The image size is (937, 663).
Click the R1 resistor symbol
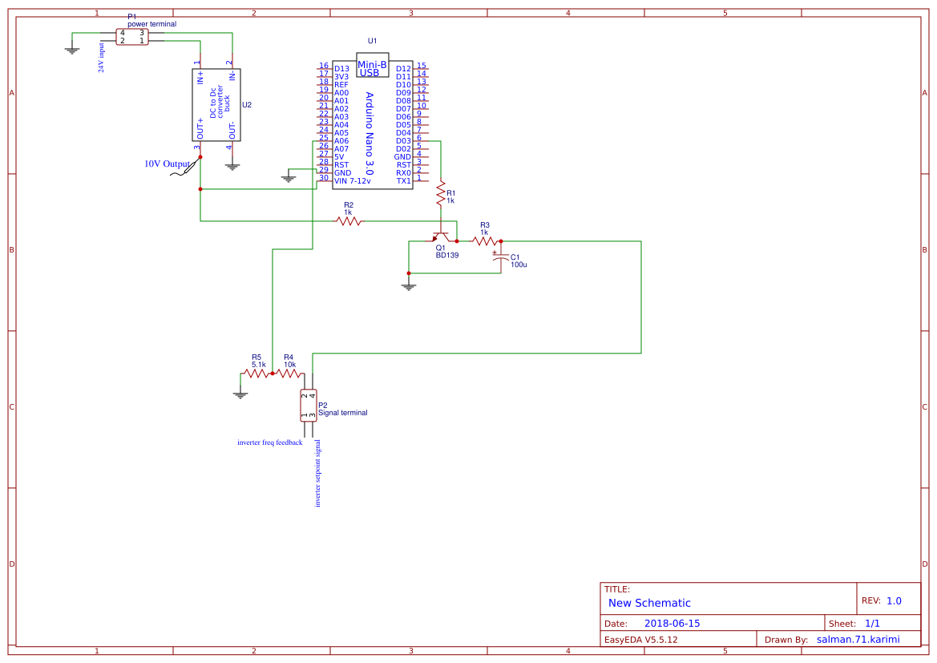coord(440,193)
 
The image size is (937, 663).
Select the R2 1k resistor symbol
coord(349,220)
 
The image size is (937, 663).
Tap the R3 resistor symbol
coord(484,241)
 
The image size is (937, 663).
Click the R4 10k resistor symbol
coord(288,373)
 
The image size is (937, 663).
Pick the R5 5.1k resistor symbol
coord(257,373)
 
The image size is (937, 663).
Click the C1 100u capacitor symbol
coord(500,260)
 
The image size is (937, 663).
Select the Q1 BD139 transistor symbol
coord(440,238)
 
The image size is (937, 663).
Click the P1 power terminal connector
coord(132,37)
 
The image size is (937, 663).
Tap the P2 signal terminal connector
coord(308,405)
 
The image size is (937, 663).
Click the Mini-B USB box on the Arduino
coord(372,66)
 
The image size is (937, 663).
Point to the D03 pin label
coord(403,141)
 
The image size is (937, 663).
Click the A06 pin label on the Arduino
coord(341,141)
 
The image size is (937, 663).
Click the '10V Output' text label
coord(168,164)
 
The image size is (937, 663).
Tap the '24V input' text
coord(102,58)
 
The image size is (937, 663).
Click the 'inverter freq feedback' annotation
coord(270,443)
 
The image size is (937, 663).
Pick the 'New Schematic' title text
coord(649,603)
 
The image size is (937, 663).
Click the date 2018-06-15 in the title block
coord(672,624)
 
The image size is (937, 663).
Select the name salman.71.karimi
coord(858,640)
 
